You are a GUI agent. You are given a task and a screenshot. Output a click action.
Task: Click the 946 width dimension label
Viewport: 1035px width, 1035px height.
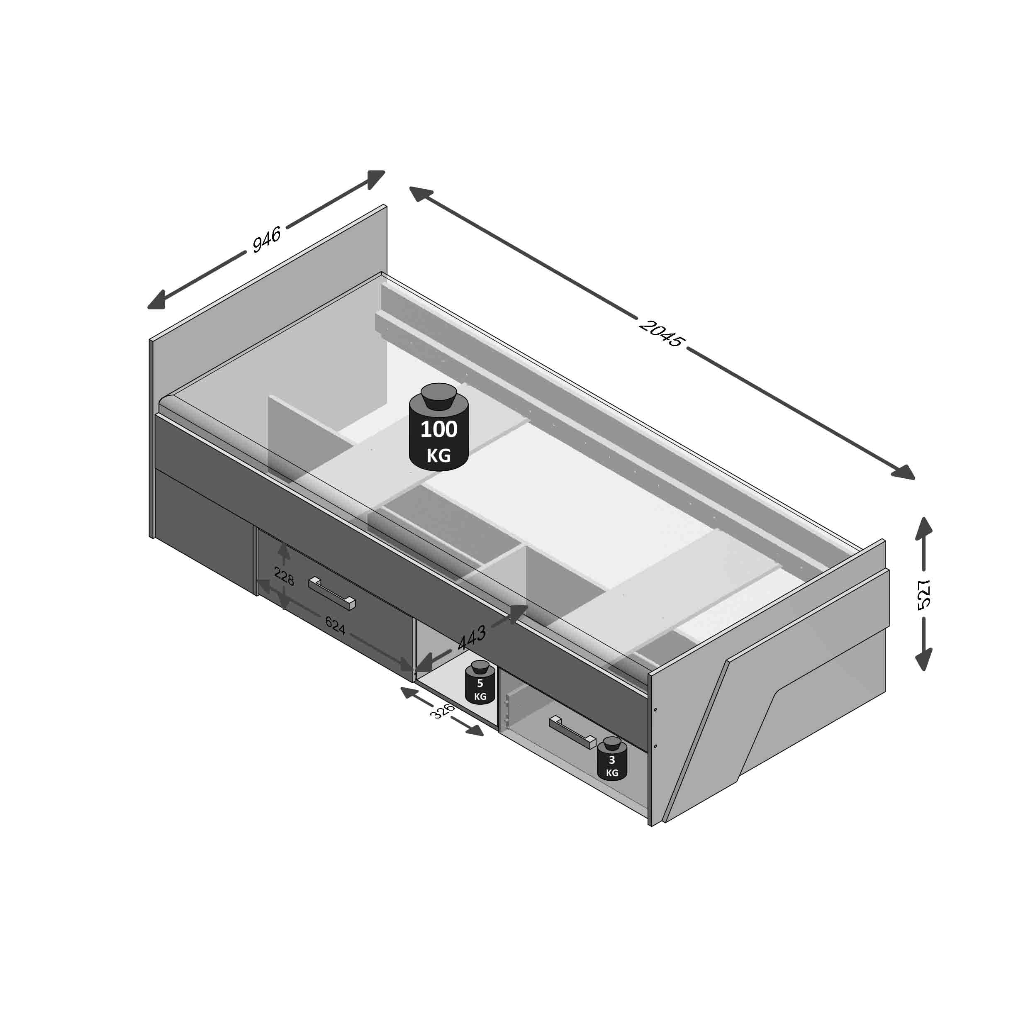coord(266,239)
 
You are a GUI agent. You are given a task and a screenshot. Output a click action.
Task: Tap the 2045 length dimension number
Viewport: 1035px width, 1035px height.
coord(662,333)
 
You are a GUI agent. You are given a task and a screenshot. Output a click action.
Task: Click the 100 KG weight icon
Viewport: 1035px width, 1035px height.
coord(439,427)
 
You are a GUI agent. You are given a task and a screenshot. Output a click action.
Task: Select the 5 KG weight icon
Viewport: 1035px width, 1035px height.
coord(480,682)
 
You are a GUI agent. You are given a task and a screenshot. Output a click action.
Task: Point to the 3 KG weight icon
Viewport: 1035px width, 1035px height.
coord(612,759)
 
